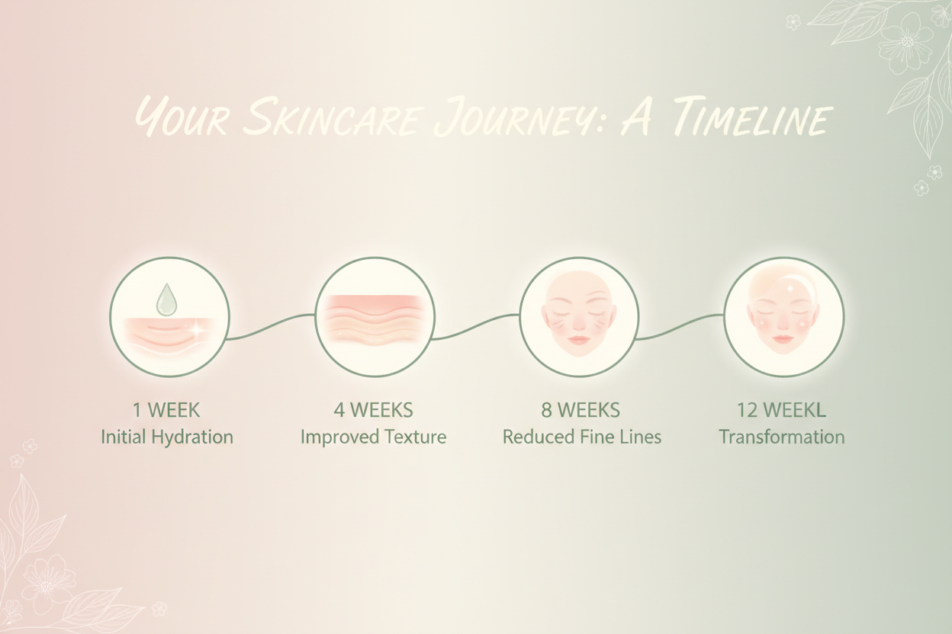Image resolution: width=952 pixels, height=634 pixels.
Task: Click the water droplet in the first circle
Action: point(166,300)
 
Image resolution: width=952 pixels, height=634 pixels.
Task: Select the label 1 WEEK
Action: point(166,410)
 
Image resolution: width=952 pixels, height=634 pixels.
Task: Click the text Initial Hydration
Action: point(167,437)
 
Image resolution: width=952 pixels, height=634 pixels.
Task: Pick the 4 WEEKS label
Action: point(373,410)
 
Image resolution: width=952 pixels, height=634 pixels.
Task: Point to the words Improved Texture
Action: point(373,437)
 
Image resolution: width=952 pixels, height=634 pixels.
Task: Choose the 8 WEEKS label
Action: point(581,410)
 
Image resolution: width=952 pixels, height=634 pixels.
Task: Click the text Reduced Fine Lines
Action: point(581,437)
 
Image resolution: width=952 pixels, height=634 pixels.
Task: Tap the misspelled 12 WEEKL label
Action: point(781,410)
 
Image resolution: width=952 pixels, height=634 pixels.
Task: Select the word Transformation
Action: point(781,437)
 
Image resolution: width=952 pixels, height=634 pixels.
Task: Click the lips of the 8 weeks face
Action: point(578,340)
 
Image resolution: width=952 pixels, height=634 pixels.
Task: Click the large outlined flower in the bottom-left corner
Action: point(47,582)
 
